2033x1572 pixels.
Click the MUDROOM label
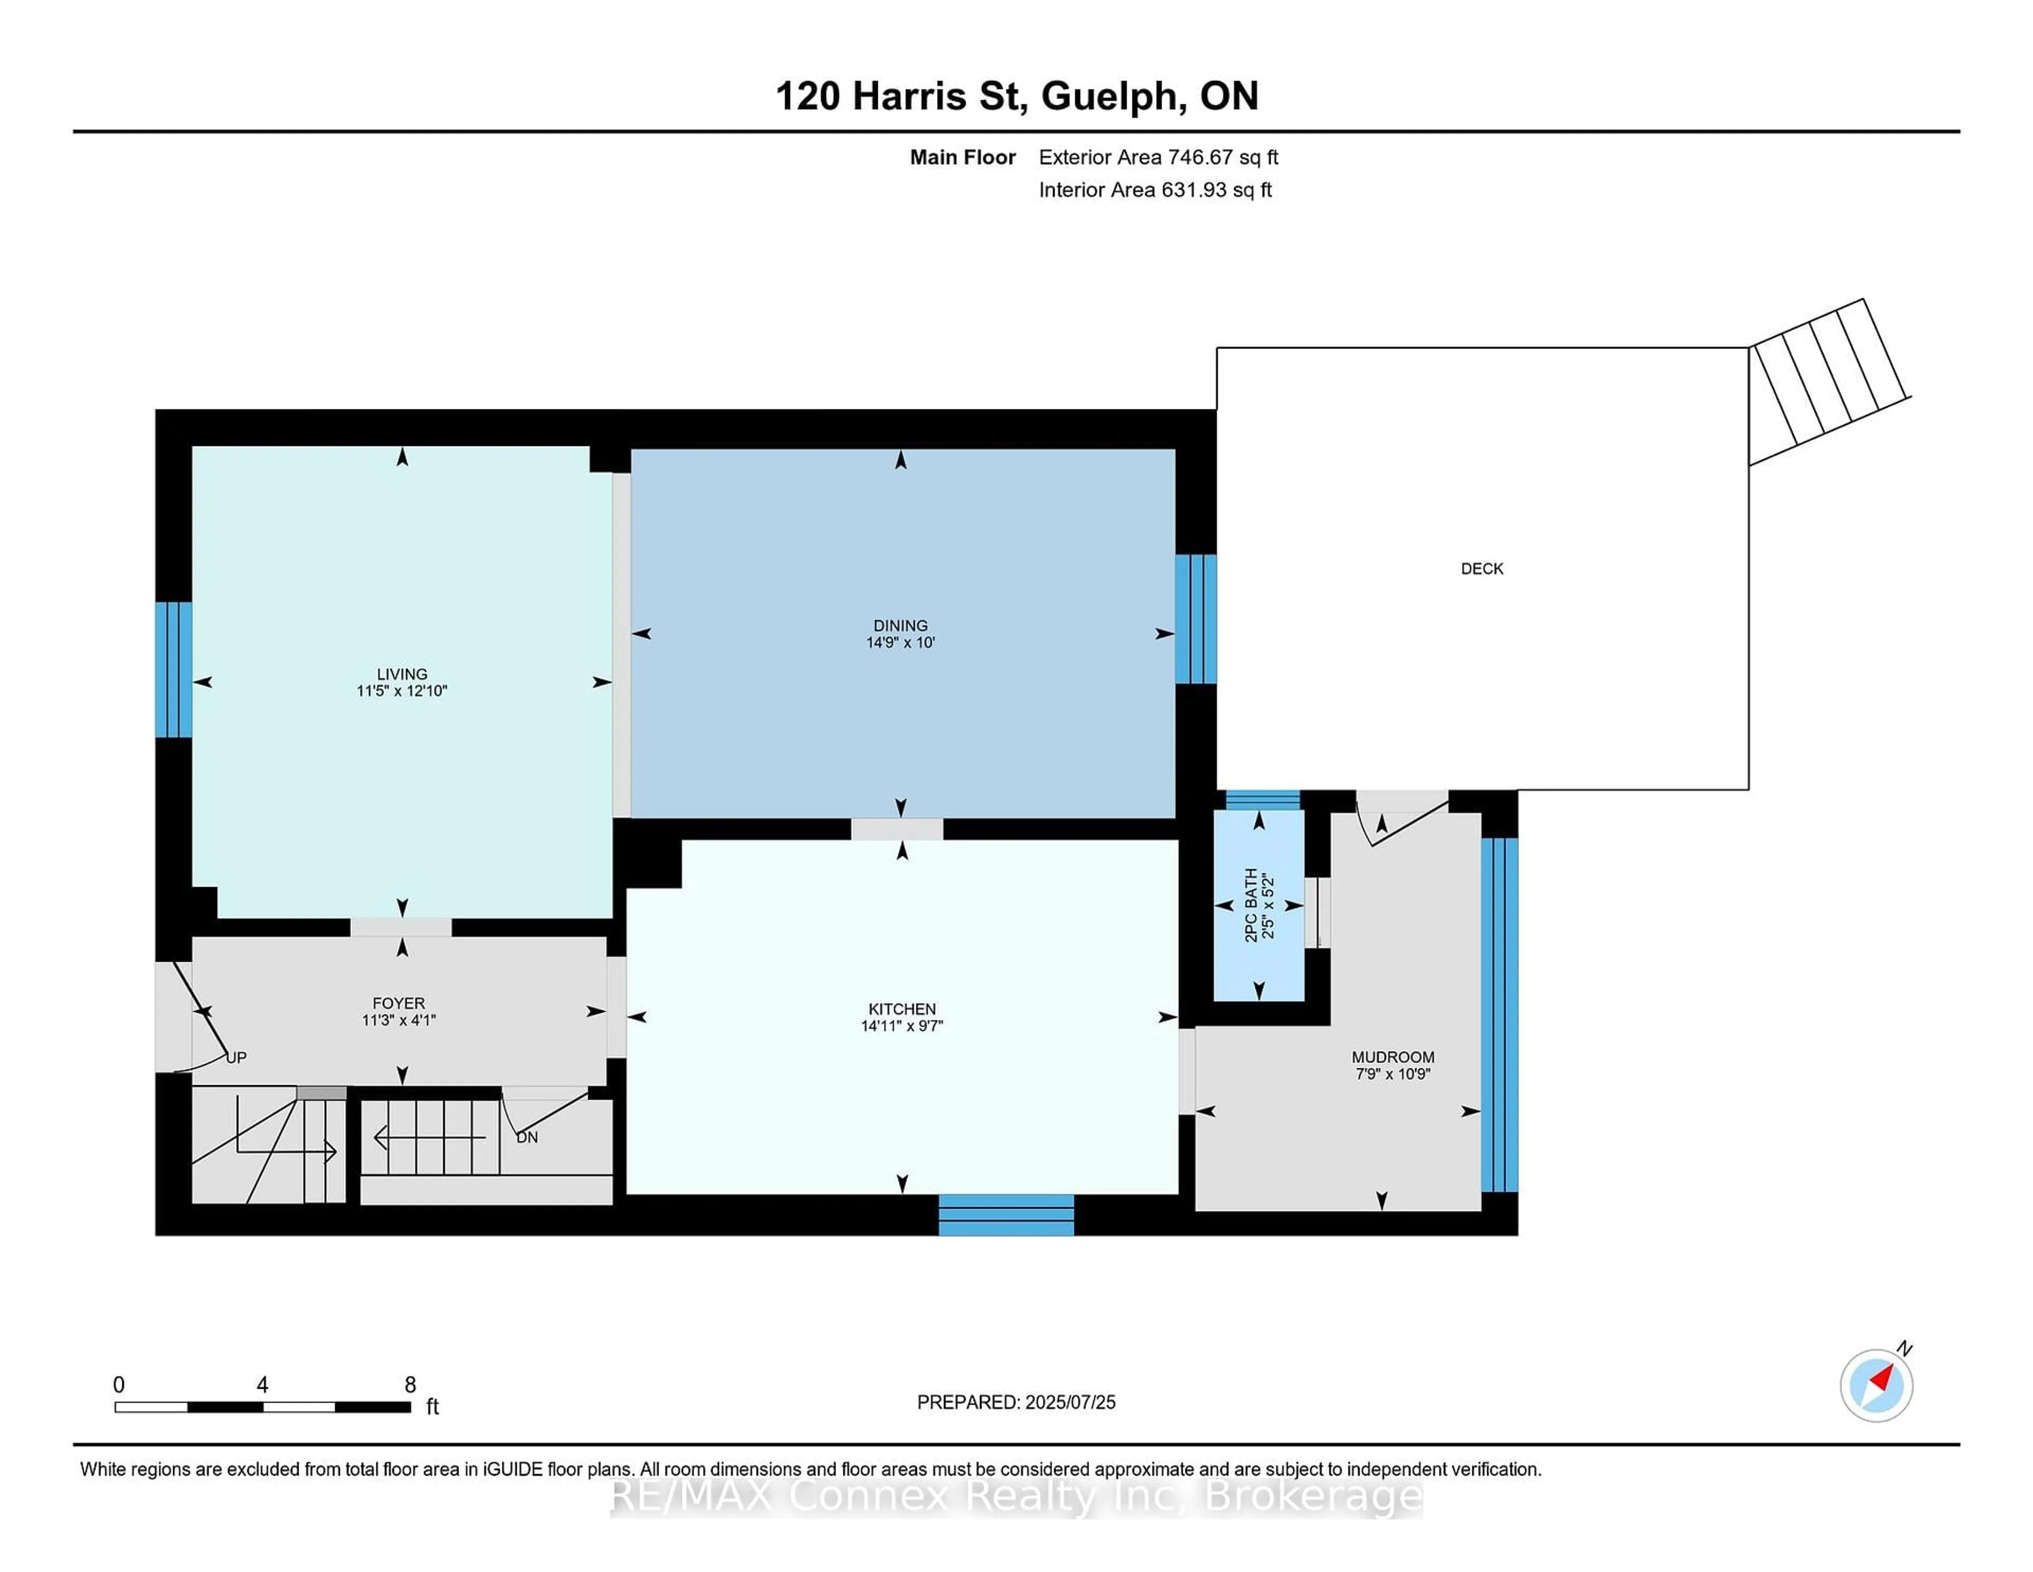tap(1392, 1057)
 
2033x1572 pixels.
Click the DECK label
tap(1482, 568)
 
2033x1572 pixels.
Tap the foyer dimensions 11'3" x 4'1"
tap(399, 1020)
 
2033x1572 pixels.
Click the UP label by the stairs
tap(237, 1057)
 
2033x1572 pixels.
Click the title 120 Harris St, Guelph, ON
tap(1016, 96)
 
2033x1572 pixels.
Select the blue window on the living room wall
tap(173, 668)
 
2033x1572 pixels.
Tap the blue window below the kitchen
tap(1005, 1214)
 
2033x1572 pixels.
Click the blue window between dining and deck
tap(1195, 619)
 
